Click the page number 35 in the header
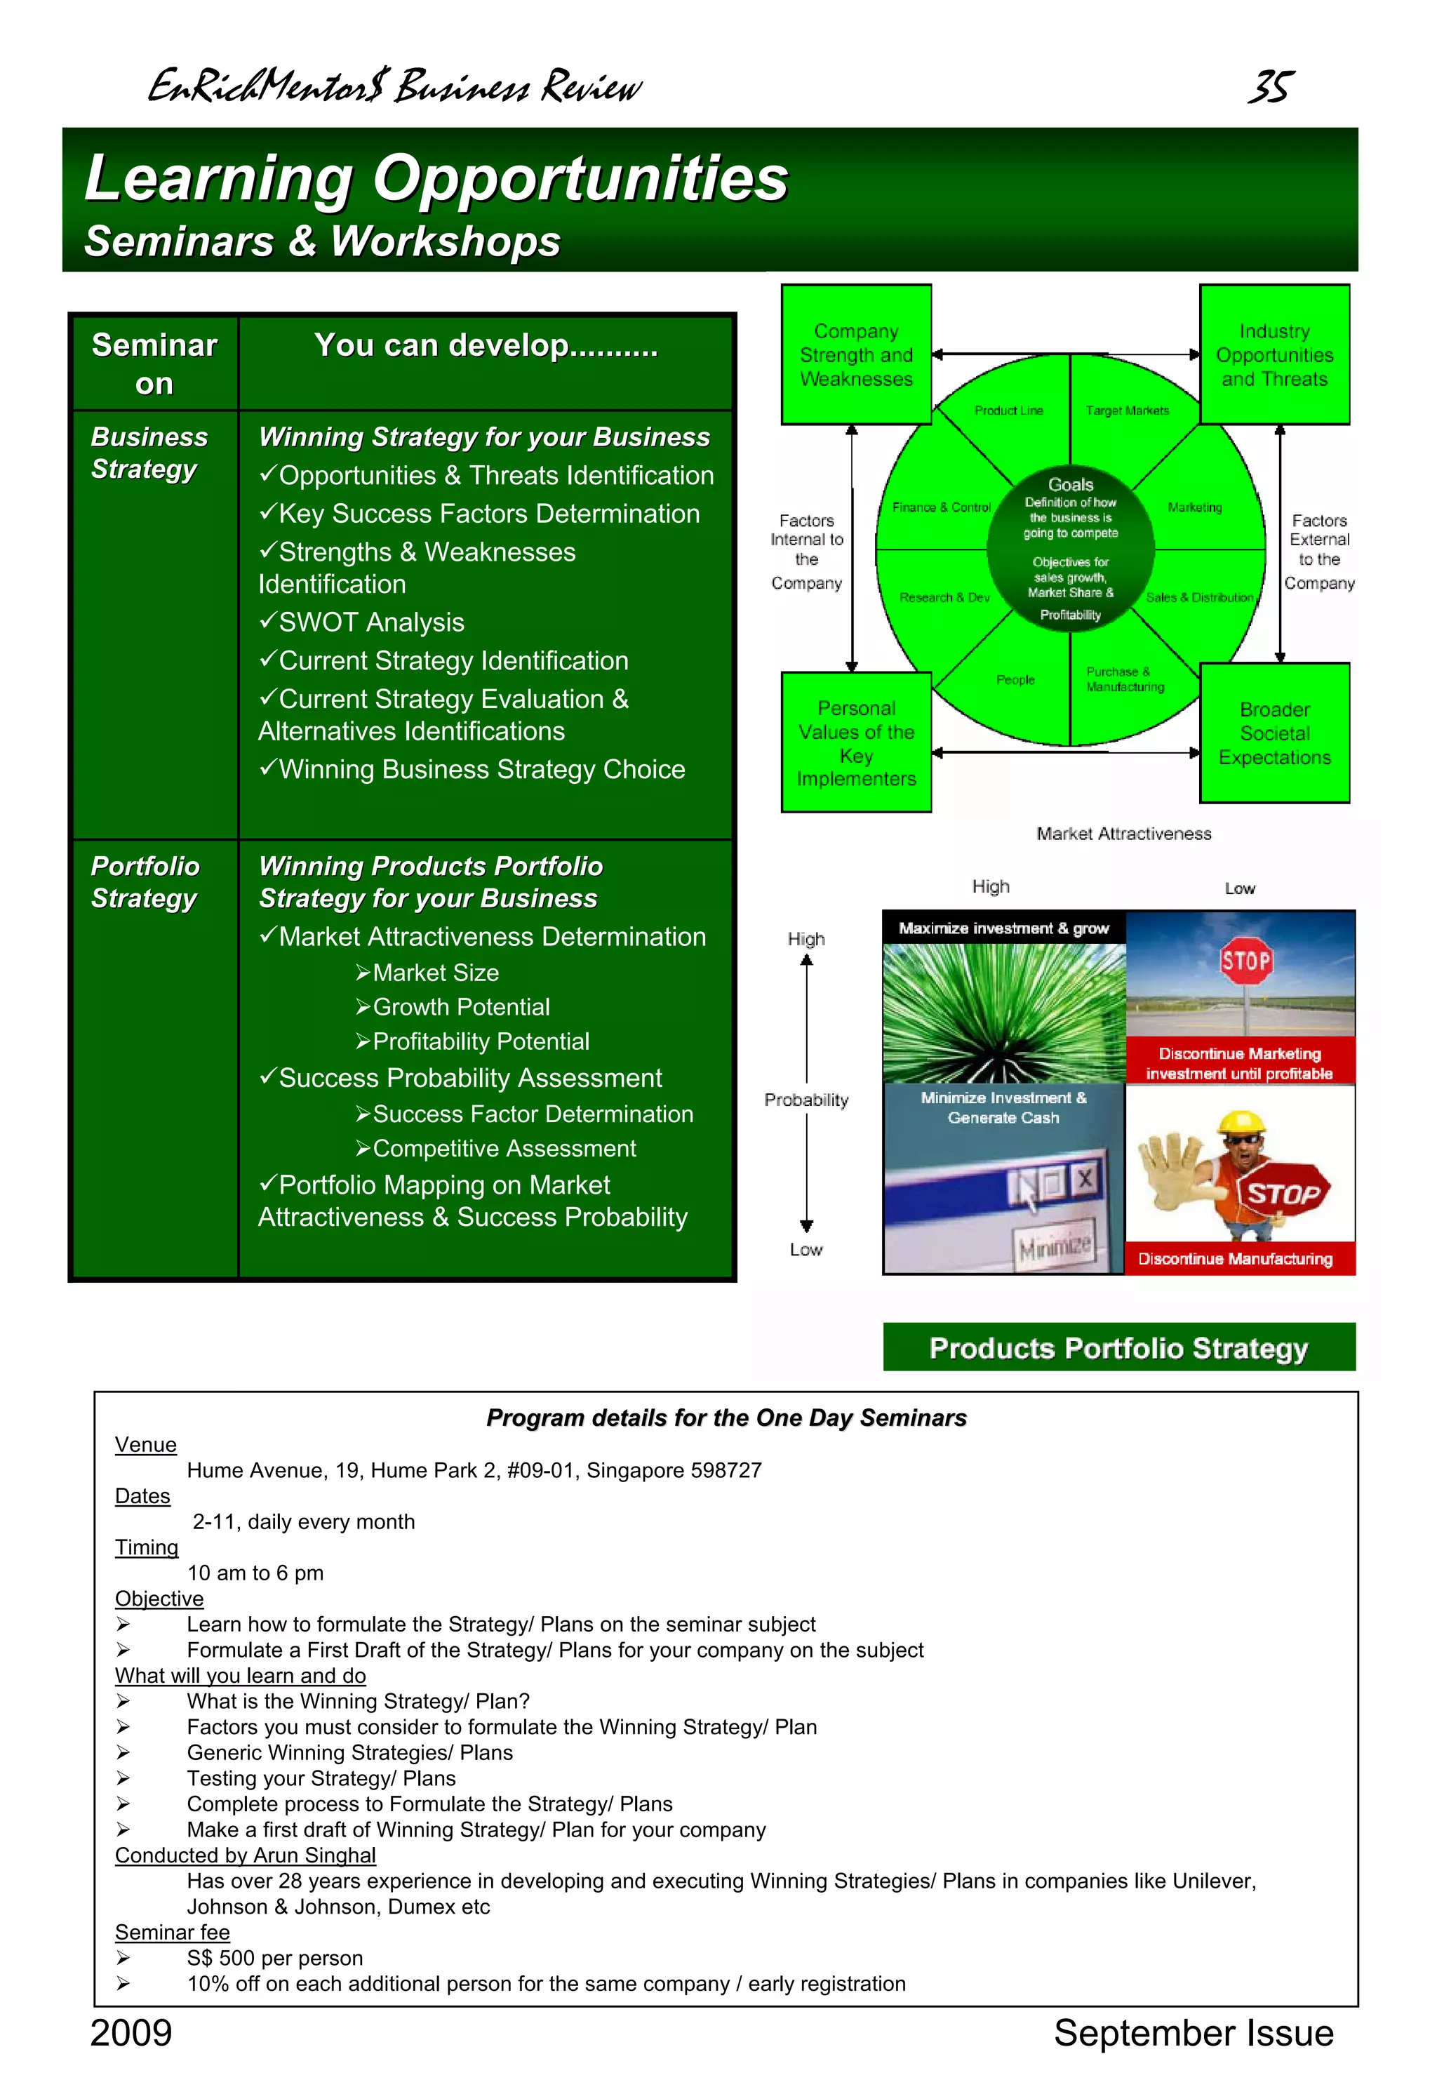[x=1271, y=86]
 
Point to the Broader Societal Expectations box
[x=1274, y=733]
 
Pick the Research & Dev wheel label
[x=944, y=597]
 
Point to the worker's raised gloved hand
[x=1170, y=1166]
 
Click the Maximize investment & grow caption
[x=1003, y=928]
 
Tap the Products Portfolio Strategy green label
[x=1118, y=1348]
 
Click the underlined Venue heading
[x=146, y=1444]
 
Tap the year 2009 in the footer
[x=131, y=2032]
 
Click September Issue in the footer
[x=1193, y=2032]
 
